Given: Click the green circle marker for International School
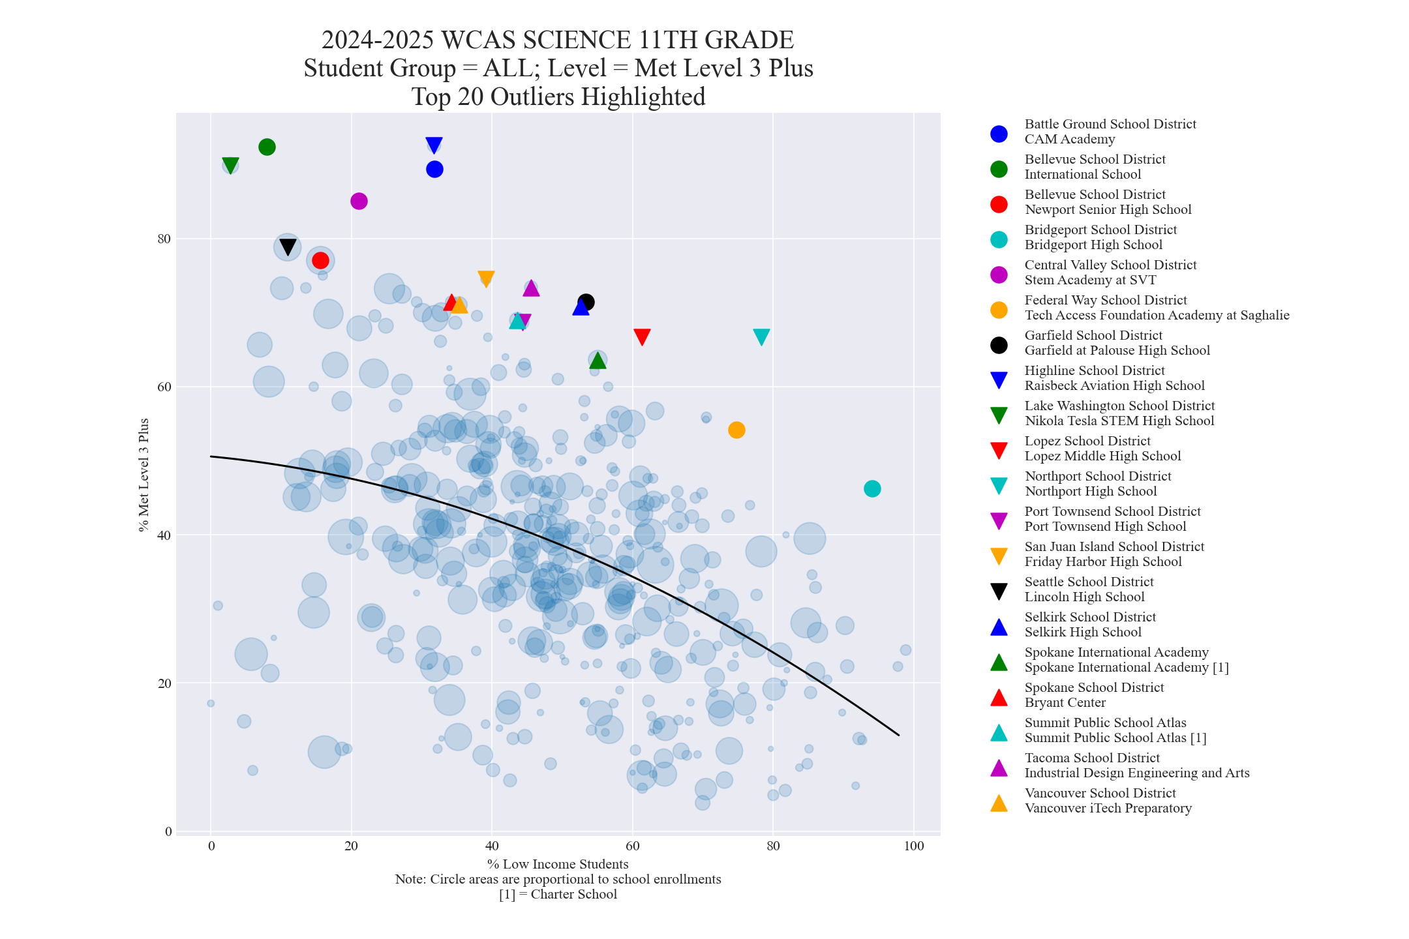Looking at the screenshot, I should click(267, 147).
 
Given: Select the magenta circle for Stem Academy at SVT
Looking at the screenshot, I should click(359, 201).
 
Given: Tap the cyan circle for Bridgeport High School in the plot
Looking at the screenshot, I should click(872, 488).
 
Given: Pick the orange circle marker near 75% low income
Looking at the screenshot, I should click(736, 430).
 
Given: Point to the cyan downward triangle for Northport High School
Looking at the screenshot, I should click(761, 336).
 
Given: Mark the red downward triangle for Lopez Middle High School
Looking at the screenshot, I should click(642, 336).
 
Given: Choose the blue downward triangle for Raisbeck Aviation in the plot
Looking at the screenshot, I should click(434, 145).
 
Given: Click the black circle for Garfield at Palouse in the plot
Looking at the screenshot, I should click(586, 302).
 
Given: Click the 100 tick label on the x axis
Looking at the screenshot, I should click(914, 846).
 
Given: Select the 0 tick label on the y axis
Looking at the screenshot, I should click(168, 831).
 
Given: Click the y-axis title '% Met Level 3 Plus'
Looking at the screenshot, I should click(144, 475).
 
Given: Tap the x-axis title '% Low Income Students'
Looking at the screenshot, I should click(558, 864).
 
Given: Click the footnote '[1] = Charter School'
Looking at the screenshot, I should click(558, 894).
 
